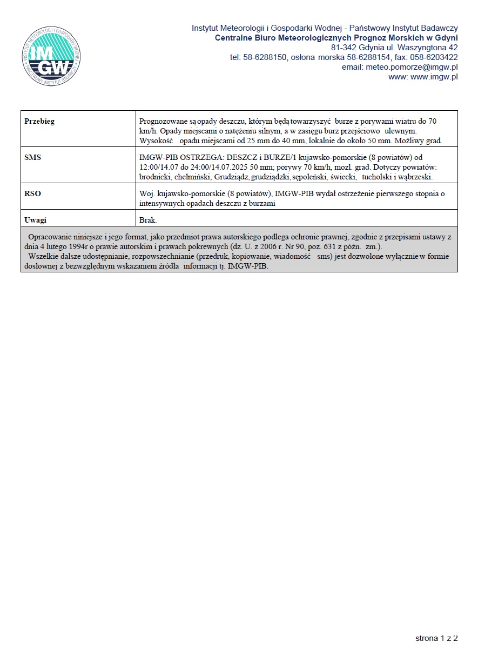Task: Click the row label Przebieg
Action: click(x=39, y=121)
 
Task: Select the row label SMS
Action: click(x=33, y=158)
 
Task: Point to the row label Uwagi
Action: click(x=36, y=220)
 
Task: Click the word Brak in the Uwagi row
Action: click(x=148, y=220)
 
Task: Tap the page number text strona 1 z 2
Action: click(x=436, y=638)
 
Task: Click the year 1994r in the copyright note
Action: click(x=76, y=246)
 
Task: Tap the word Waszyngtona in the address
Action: click(x=420, y=48)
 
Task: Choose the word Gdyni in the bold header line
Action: click(x=446, y=38)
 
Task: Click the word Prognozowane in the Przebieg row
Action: click(x=162, y=121)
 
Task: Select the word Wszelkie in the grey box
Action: click(x=43, y=256)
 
